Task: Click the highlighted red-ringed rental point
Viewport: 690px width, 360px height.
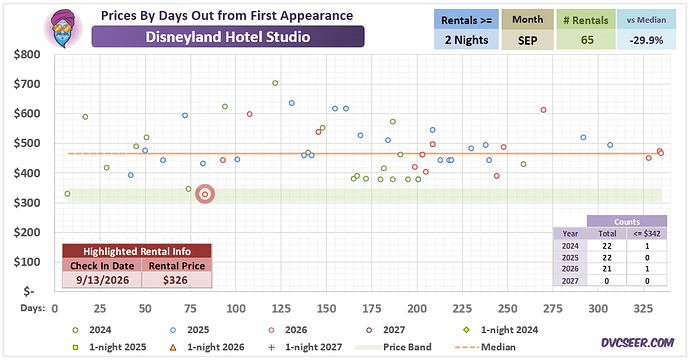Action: click(205, 194)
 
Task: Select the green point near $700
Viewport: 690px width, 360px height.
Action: click(275, 83)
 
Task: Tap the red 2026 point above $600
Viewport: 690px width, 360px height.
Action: click(543, 110)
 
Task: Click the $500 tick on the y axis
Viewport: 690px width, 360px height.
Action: click(27, 143)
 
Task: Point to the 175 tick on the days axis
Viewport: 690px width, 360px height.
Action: click(371, 309)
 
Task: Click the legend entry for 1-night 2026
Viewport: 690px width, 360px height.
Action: click(207, 347)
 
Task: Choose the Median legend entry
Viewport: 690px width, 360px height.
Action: click(485, 347)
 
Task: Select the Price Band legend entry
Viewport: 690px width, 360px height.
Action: click(393, 347)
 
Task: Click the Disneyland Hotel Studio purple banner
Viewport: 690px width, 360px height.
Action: click(228, 37)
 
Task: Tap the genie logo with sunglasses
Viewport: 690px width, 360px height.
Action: click(63, 29)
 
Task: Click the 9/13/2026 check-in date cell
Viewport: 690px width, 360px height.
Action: click(102, 280)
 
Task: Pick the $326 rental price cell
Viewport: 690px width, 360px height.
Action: click(176, 280)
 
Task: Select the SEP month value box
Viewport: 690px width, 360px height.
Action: click(527, 40)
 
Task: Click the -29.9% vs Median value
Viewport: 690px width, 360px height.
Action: click(646, 40)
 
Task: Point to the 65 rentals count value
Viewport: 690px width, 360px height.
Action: click(587, 40)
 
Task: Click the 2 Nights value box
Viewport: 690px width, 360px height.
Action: click(466, 40)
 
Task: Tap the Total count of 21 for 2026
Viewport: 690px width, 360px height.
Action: click(607, 269)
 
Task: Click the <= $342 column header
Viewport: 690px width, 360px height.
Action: click(647, 234)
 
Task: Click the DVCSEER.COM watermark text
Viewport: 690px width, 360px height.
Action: click(638, 343)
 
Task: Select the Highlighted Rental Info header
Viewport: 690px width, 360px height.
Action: click(137, 251)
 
